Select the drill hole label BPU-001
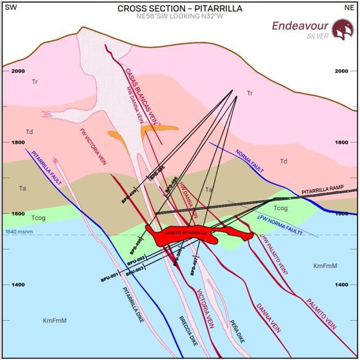pyautogui.click(x=110, y=277)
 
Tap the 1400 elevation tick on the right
pyautogui.click(x=343, y=285)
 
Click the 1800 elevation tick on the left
pyautogui.click(x=18, y=143)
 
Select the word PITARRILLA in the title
pyautogui.click(x=215, y=9)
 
